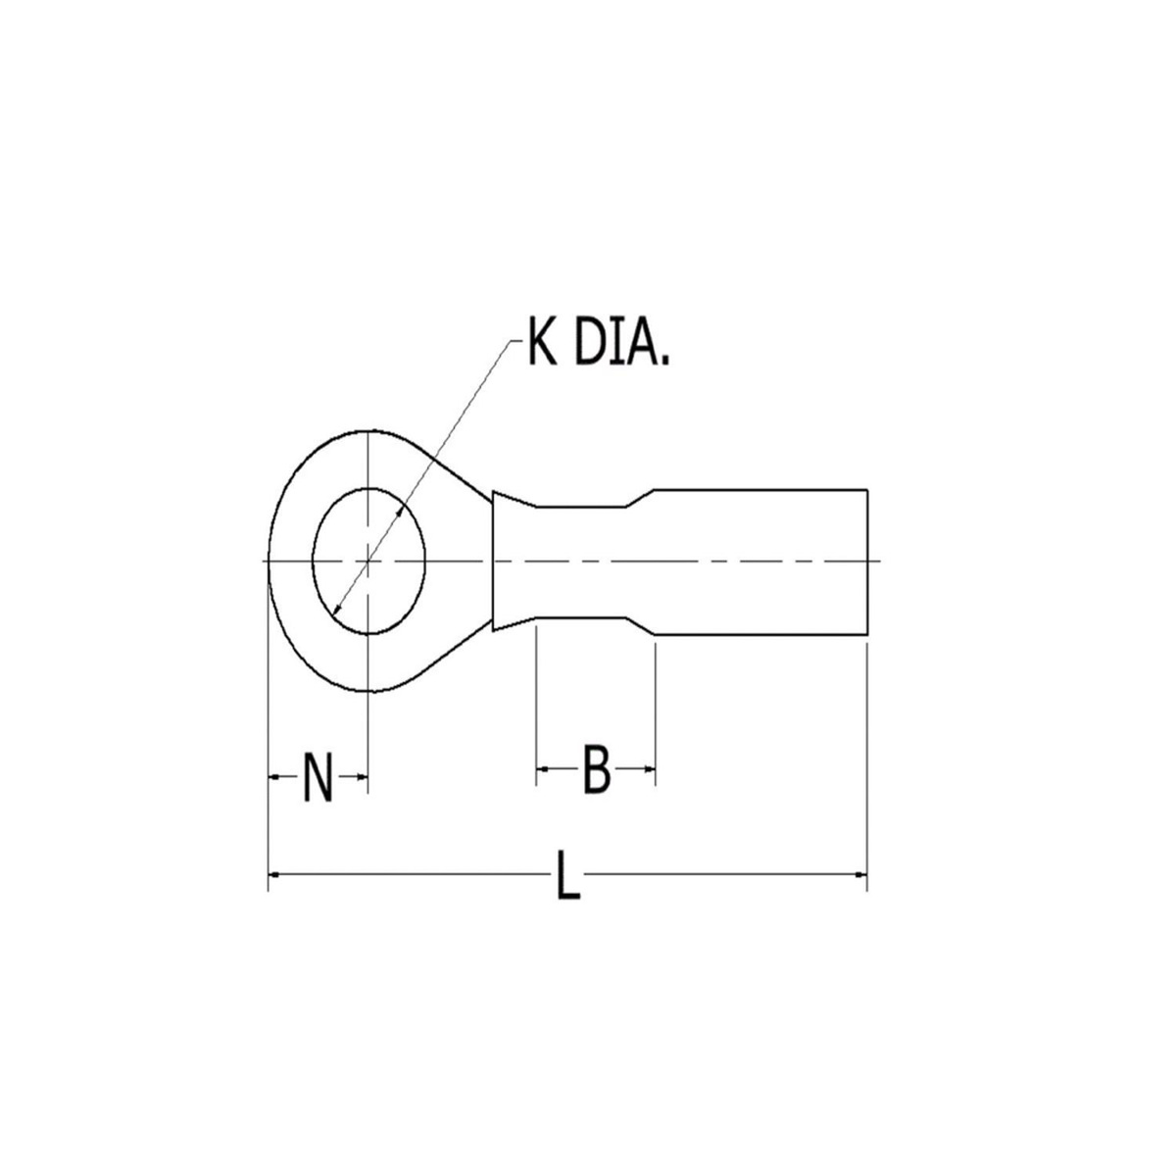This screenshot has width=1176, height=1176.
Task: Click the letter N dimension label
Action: tap(317, 776)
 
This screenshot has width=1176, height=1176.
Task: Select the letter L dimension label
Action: tap(567, 874)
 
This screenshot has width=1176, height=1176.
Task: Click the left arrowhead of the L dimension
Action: tap(274, 873)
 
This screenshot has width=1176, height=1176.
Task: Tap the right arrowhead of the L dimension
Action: tap(860, 873)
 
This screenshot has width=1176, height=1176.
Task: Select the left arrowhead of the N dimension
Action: tap(274, 776)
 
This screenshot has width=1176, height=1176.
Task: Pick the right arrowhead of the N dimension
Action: tap(361, 776)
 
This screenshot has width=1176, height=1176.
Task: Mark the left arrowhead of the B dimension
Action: tap(542, 770)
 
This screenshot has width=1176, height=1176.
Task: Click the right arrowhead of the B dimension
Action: tap(648, 770)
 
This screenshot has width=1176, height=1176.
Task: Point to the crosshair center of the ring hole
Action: tap(367, 561)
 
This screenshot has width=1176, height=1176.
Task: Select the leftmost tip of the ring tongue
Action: tap(269, 561)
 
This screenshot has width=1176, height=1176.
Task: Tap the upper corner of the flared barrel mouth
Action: tap(494, 491)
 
